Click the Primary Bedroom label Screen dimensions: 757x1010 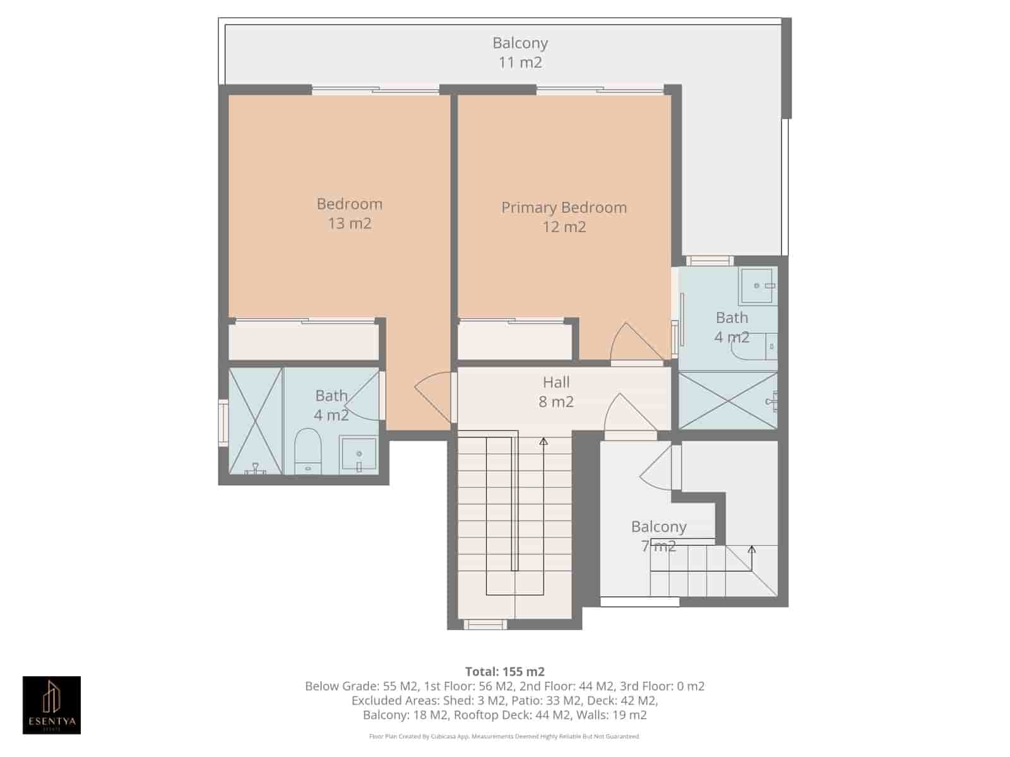pyautogui.click(x=564, y=208)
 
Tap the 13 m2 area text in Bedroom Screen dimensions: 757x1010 pyautogui.click(x=349, y=223)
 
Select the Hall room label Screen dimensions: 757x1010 pyautogui.click(x=556, y=382)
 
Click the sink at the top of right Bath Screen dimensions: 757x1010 pyautogui.click(x=757, y=285)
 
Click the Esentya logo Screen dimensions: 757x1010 pyautogui.click(x=52, y=705)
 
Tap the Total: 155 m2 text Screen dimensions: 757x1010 pyautogui.click(x=504, y=671)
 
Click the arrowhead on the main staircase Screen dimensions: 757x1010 pyautogui.click(x=544, y=441)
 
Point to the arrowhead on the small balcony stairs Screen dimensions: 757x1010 pyautogui.click(x=751, y=549)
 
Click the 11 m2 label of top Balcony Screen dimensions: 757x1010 pyautogui.click(x=520, y=62)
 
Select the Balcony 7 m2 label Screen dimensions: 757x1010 pyautogui.click(x=658, y=536)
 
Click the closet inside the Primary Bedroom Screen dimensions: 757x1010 pyautogui.click(x=515, y=341)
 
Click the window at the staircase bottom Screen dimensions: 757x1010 pyautogui.click(x=485, y=625)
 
